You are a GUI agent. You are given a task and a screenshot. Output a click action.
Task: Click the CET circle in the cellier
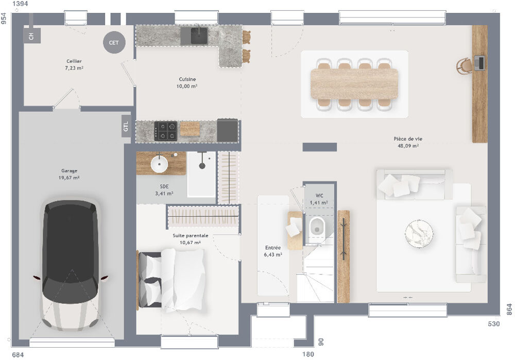pos(114,43)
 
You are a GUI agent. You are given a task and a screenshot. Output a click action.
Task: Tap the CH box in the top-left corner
pos(31,36)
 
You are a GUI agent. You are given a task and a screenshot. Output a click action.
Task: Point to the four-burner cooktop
pos(166,131)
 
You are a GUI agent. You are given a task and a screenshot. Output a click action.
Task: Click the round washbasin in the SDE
pos(159,164)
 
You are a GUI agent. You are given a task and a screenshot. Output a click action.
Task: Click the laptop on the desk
pos(479,63)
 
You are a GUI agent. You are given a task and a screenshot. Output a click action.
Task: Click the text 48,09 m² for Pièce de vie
pos(407,146)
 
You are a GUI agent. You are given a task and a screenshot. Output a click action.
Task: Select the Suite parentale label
pos(190,235)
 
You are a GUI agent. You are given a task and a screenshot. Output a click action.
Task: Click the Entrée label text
pos(272,248)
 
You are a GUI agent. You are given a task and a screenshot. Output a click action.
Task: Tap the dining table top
pos(354,83)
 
